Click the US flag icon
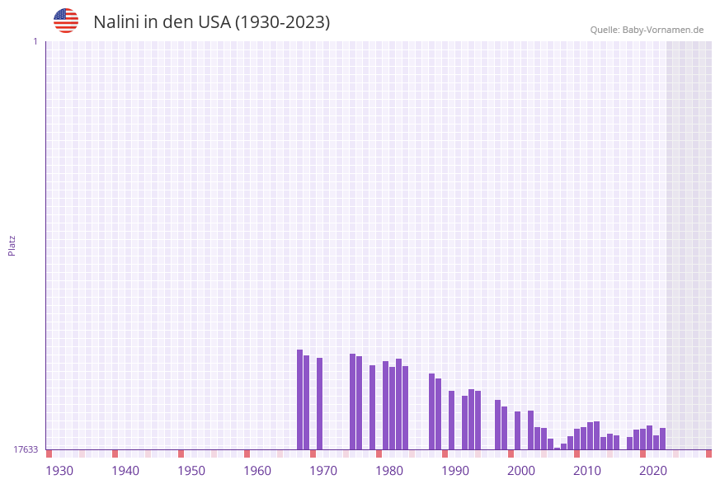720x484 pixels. coord(66,21)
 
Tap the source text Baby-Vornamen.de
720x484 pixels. coord(663,30)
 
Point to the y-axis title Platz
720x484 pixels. coord(12,245)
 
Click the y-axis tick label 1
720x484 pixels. coord(35,41)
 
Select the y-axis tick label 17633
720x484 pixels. coord(26,449)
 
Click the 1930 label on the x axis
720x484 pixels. coord(59,471)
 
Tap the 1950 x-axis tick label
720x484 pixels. coord(191,471)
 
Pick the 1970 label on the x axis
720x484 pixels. coord(323,471)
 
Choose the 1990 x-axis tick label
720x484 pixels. coord(455,471)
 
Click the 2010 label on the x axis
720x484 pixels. coord(587,471)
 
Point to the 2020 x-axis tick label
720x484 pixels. coord(653,471)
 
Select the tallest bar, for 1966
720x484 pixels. coord(300,400)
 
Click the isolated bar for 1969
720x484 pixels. coord(320,404)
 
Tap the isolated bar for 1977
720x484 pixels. coord(373,407)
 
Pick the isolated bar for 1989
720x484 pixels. coord(452,421)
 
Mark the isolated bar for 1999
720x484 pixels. coord(518,430)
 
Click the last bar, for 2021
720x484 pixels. coord(663,439)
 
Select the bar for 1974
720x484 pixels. coord(353,402)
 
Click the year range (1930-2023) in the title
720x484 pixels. coord(283,22)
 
